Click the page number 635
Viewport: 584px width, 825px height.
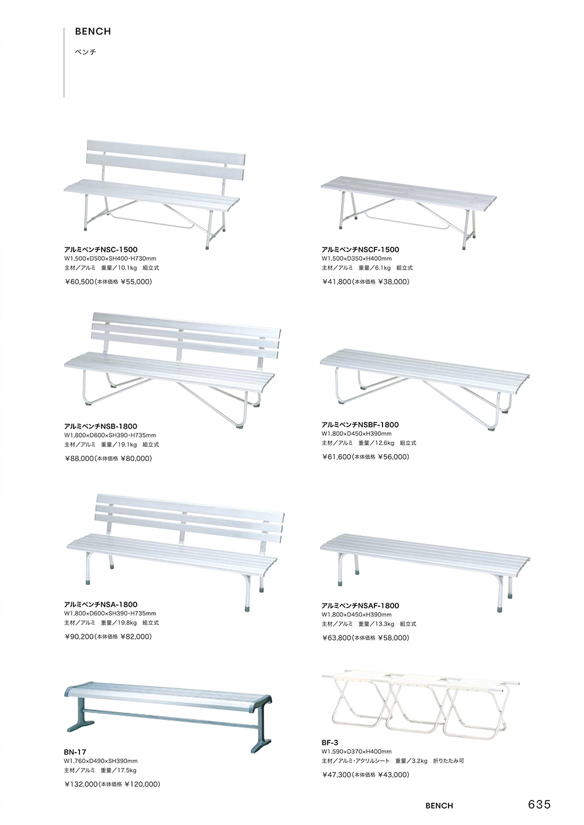click(539, 805)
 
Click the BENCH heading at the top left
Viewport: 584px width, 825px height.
click(93, 32)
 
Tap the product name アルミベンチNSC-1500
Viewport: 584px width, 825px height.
click(101, 249)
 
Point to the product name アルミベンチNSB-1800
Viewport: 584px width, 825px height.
click(101, 427)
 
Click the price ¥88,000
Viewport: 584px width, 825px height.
click(79, 459)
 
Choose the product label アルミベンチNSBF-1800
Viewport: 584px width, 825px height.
click(360, 425)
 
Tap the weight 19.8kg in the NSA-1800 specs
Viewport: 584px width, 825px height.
click(127, 623)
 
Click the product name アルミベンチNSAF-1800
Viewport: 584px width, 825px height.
click(360, 606)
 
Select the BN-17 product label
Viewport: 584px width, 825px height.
click(75, 753)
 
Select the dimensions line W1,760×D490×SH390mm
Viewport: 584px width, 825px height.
click(100, 761)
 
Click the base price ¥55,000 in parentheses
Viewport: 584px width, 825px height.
click(136, 281)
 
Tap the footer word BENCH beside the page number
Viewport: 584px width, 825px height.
click(439, 806)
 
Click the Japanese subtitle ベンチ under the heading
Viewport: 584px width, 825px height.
click(85, 52)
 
